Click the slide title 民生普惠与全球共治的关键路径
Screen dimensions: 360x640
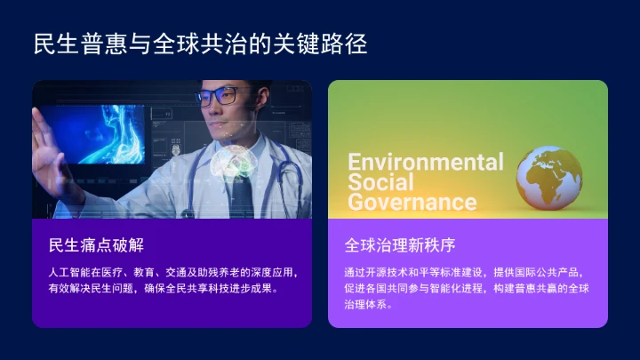200,44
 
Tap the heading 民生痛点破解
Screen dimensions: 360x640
96,244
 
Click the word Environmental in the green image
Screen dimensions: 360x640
425,162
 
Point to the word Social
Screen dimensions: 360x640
380,182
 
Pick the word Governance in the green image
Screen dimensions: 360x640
412,202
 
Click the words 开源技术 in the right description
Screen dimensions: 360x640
397,272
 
